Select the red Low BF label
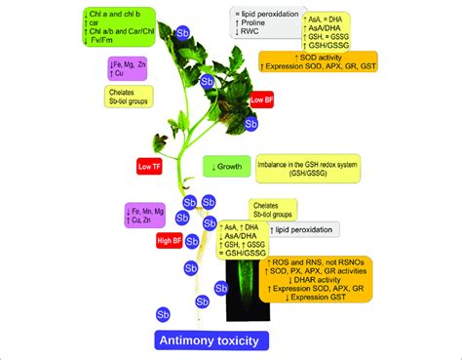coord(262,100)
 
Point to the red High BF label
coord(170,236)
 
